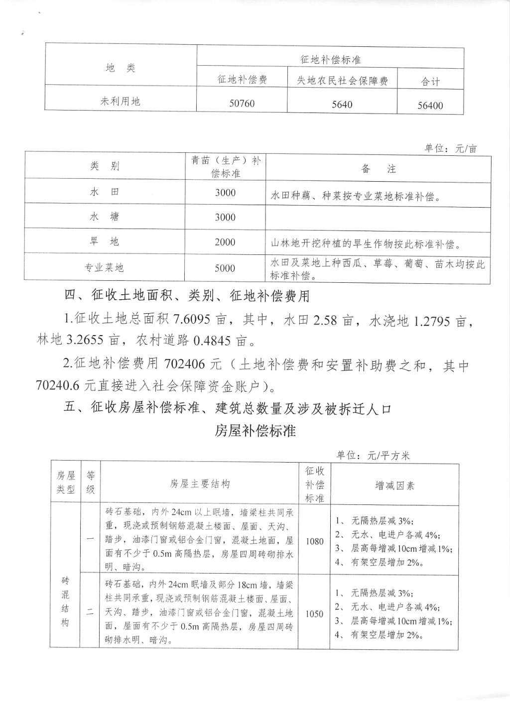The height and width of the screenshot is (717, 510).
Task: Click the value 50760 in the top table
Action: (242, 103)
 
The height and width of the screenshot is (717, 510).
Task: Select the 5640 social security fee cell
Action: (342, 104)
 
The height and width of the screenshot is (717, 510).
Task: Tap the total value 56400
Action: (430, 105)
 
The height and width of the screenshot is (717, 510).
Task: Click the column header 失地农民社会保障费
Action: (343, 81)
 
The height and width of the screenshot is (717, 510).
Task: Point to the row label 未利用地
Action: (121, 101)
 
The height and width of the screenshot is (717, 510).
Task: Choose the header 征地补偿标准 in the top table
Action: (330, 60)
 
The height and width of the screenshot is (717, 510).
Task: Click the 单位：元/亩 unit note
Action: (450, 148)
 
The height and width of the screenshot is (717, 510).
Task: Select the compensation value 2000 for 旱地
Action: (225, 242)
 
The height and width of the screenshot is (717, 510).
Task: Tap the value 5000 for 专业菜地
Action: (225, 268)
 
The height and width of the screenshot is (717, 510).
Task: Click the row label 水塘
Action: (104, 217)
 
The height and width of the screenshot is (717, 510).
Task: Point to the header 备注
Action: (379, 169)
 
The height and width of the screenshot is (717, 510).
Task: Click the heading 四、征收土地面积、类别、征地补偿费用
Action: (187, 296)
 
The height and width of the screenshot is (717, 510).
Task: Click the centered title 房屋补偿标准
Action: (255, 431)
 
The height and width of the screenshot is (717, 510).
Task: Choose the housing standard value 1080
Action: (314, 541)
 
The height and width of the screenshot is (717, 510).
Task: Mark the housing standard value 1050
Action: (314, 614)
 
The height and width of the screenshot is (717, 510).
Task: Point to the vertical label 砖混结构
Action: (65, 601)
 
